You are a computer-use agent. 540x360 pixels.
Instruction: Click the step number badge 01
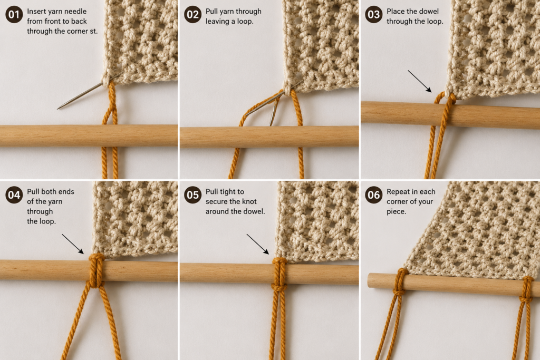(14, 15)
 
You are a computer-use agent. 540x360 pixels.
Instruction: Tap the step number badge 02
(192, 15)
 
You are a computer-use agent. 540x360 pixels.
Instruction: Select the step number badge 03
(374, 15)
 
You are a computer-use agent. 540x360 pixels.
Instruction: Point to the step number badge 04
(14, 195)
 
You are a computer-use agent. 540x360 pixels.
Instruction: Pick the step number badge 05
(192, 195)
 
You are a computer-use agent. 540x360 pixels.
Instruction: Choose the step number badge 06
(374, 195)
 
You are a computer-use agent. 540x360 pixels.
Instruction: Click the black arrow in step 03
(419, 81)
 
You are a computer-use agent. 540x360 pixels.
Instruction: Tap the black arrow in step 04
(73, 244)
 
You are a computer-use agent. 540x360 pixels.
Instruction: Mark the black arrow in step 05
(257, 244)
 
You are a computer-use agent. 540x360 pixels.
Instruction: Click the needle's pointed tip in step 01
(57, 109)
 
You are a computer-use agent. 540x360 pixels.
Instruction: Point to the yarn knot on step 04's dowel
(97, 270)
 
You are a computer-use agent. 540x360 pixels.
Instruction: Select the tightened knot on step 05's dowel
(279, 274)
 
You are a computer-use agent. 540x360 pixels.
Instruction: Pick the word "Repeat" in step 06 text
(397, 192)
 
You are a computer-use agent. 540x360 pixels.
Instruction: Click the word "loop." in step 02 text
(245, 21)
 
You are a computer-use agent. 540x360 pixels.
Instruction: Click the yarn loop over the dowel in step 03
(447, 103)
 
